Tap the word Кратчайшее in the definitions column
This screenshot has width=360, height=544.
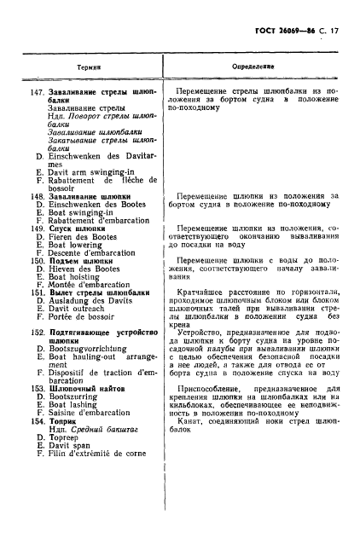(202, 291)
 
